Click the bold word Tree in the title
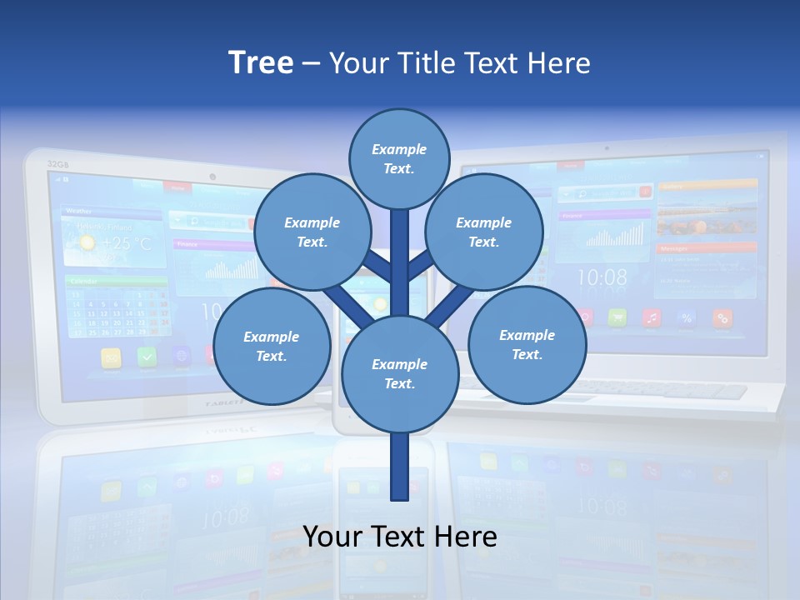pos(261,62)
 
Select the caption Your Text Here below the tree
pos(400,537)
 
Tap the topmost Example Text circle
pos(399,158)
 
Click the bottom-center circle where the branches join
pos(400,373)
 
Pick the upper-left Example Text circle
pos(312,232)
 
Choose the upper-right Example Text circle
pos(484,232)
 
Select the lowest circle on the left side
pos(272,346)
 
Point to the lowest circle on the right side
pos(527,344)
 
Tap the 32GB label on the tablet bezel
pos(57,164)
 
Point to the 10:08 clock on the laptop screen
pos(602,277)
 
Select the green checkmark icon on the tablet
pos(147,357)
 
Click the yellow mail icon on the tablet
pos(112,357)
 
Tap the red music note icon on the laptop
pos(652,317)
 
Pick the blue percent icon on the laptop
pos(687,317)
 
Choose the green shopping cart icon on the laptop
pos(617,317)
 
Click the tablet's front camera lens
pos(212,177)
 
